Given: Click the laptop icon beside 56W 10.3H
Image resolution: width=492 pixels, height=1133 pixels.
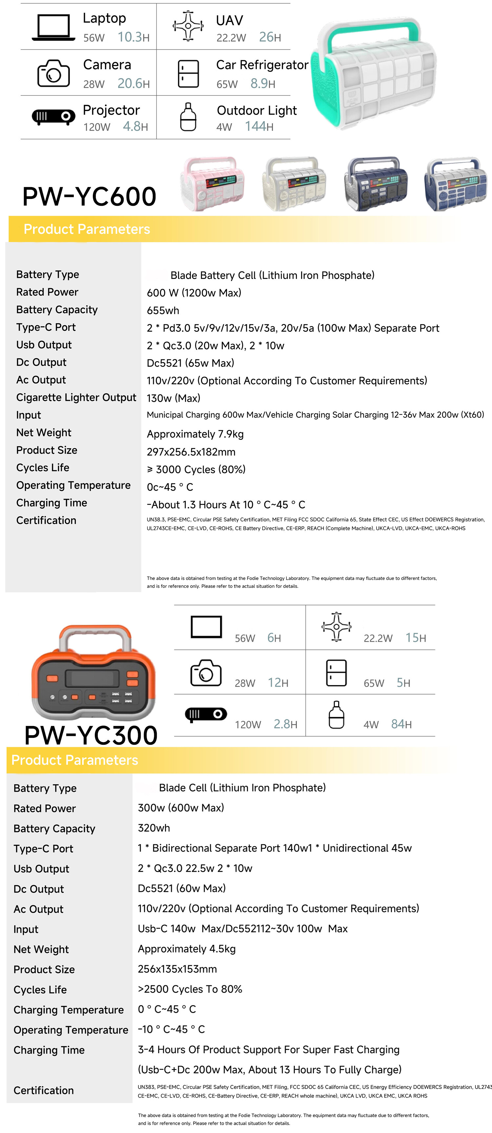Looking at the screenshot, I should tap(53, 28).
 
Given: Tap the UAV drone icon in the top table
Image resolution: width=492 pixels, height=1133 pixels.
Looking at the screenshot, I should tap(188, 26).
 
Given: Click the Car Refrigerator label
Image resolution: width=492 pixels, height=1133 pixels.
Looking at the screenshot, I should tap(262, 65).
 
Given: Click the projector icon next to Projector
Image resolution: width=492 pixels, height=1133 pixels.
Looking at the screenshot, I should tap(53, 117).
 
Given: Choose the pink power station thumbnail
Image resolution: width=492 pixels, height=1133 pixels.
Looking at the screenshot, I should tap(212, 183).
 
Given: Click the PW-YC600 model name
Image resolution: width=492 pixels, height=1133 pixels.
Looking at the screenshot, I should tap(89, 196).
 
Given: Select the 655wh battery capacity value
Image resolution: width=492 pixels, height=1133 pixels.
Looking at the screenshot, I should tap(163, 310).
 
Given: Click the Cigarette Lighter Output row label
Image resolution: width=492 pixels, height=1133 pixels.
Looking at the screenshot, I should tap(76, 397).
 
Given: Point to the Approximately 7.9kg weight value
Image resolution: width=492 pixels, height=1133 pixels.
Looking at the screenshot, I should tap(195, 434).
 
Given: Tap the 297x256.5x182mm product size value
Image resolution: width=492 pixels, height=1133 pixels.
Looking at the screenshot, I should tap(191, 452).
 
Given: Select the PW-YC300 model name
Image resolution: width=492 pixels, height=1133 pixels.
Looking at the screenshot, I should tap(91, 735).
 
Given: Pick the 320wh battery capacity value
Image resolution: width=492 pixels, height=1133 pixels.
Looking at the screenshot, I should tap(154, 828).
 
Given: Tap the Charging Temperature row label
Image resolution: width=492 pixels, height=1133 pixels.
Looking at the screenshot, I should tap(69, 1009).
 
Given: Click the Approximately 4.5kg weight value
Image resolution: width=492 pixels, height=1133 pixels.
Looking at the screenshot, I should tap(186, 949).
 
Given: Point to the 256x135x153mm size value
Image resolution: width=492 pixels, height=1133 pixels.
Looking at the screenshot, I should tap(177, 969).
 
